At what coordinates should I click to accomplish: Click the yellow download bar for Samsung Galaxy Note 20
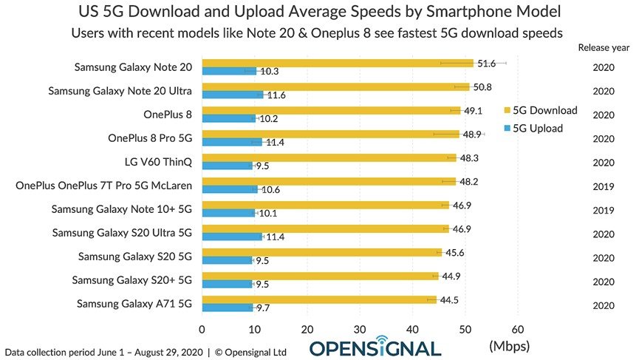337,63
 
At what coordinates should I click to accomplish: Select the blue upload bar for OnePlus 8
228,118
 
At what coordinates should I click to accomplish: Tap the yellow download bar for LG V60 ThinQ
329,157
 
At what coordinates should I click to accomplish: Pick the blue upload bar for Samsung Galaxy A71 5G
227,307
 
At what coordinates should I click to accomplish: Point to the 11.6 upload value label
276,95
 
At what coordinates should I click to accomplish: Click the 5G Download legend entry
540,111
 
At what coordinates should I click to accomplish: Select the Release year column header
604,47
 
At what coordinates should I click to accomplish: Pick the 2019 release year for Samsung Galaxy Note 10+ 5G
604,209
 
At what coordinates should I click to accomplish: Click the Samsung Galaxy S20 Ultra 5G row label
123,233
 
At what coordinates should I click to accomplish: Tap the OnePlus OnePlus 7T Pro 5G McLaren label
104,186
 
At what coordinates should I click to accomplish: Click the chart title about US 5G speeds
319,13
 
